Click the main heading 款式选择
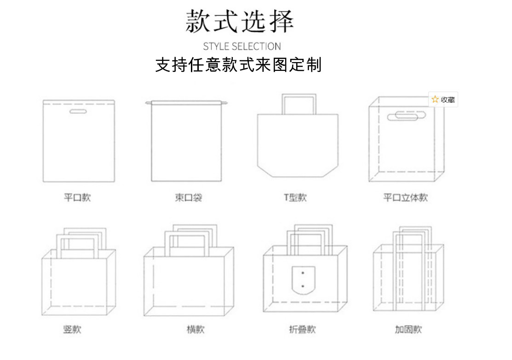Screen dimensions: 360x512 (x=239, y=21)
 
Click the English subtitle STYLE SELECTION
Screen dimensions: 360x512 (x=242, y=46)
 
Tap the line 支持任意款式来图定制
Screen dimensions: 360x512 (x=238, y=65)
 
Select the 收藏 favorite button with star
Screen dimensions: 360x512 (x=443, y=99)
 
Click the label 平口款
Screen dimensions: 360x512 (x=77, y=198)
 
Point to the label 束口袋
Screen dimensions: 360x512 (x=189, y=198)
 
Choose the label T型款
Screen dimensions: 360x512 (x=295, y=198)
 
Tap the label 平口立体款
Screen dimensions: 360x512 (x=406, y=198)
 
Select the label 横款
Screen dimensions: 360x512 (x=196, y=330)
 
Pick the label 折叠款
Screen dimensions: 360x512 (x=302, y=330)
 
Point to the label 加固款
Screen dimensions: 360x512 (x=408, y=330)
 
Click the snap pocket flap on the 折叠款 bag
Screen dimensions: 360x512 (x=302, y=280)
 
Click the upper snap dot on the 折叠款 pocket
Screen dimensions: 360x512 (x=302, y=273)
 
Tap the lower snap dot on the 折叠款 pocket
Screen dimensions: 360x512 (x=302, y=286)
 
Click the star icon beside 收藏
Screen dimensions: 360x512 (x=435, y=99)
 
